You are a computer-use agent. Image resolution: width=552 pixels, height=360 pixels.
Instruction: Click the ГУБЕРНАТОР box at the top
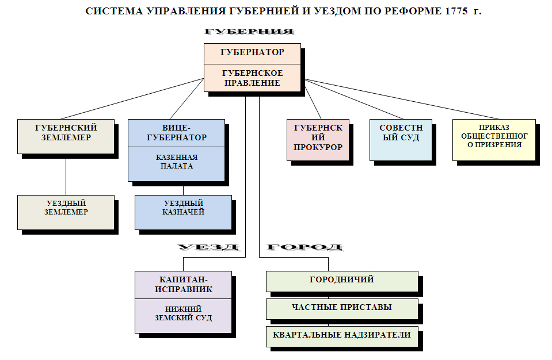pos(252,52)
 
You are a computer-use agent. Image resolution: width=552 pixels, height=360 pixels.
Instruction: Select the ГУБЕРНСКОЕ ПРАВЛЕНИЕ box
pos(252,78)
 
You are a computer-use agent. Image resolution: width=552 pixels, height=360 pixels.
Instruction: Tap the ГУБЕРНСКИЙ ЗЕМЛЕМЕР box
pos(66,136)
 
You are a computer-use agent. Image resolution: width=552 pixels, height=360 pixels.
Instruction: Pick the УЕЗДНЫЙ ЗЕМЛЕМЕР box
pos(66,212)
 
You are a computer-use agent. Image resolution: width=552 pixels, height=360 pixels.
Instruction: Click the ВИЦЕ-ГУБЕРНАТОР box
pos(176,132)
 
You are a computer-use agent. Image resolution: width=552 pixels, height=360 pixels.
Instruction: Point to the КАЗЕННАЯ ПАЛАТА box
pos(176,163)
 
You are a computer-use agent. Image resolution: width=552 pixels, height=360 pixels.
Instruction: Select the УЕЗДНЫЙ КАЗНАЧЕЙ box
pos(183,212)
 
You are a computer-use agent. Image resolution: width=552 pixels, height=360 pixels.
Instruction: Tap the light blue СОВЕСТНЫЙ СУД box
pos(401,139)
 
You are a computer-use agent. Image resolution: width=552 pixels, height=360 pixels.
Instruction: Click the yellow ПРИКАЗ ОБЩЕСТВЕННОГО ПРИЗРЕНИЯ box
pos(494,139)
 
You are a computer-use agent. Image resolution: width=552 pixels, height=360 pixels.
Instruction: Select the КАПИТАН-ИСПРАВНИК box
pos(183,284)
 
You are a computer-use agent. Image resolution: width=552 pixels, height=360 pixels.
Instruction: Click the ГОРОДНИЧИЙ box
pos(342,280)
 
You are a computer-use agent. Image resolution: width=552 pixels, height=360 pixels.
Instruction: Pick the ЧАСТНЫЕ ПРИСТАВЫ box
pos(342,308)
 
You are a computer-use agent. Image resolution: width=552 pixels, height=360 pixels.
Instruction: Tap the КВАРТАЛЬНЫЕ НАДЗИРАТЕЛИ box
pos(342,335)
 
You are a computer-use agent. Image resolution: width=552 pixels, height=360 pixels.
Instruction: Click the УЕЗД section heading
pos(208,248)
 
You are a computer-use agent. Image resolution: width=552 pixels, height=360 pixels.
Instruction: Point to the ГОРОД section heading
pos(304,248)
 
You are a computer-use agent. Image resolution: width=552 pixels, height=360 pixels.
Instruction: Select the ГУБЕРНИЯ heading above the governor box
pos(249,32)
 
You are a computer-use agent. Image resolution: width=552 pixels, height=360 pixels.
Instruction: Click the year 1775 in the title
pos(455,11)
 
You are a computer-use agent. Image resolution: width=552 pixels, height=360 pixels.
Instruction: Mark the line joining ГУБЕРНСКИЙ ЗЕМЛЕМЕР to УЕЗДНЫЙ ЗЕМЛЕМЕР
pos(66,176)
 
